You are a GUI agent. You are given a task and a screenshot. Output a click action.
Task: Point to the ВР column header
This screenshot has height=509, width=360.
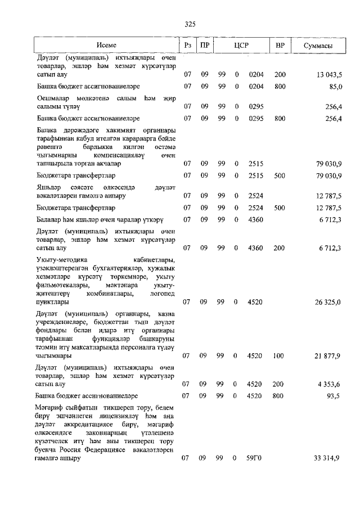[x=280, y=45]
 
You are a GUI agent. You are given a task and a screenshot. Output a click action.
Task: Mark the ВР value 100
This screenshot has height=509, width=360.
[x=280, y=355]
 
